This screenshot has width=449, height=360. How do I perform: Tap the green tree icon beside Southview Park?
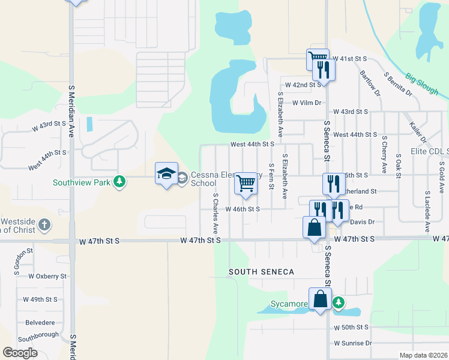coord(120,182)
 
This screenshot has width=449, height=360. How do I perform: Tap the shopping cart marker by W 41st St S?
coord(318,59)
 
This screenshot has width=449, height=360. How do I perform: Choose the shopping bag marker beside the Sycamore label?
coord(321,298)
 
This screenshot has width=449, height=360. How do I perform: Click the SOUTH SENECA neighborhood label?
coord(262,272)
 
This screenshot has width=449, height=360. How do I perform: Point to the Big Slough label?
coord(421,84)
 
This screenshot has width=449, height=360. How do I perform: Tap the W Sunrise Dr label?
coord(353,343)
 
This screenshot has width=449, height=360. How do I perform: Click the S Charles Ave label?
coord(215,214)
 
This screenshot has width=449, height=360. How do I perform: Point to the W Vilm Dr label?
coord(307,103)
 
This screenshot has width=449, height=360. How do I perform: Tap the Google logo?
coord(20,353)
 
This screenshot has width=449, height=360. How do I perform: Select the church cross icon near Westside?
coord(44,226)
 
